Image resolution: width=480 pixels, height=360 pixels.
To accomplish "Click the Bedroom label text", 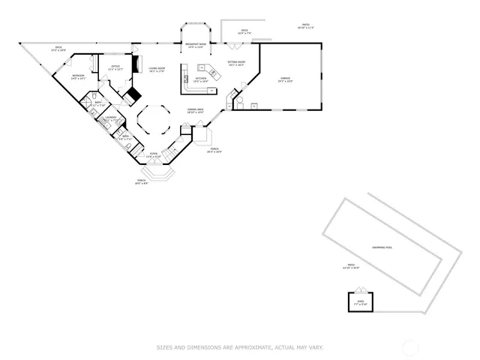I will pos(79,77).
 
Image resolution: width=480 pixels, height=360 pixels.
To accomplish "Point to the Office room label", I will pos(115,67).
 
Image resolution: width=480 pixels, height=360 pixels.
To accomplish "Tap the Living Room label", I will pos(156,70).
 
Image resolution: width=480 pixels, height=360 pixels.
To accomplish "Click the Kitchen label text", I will pos(201,79).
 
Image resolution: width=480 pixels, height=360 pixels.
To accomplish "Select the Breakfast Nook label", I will pos(196,46).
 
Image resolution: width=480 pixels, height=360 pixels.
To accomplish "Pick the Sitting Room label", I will pos(236,64).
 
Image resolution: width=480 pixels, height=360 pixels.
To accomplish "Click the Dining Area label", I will pos(196,111).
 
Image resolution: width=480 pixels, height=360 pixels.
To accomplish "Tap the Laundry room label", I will pos(111,118).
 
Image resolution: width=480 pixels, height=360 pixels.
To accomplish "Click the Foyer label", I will pos(154,154).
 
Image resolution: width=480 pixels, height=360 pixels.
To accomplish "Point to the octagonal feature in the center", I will pos(155,119).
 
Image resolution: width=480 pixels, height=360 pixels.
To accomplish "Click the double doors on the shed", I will pos(361,291).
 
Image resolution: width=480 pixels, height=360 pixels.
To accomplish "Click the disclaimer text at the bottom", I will pos(240,347).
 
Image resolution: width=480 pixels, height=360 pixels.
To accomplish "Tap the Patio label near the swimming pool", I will pos(350,266).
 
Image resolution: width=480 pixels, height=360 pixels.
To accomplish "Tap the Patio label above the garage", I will pos(305,26).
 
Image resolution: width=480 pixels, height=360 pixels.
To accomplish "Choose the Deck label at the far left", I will pos(58,49).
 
